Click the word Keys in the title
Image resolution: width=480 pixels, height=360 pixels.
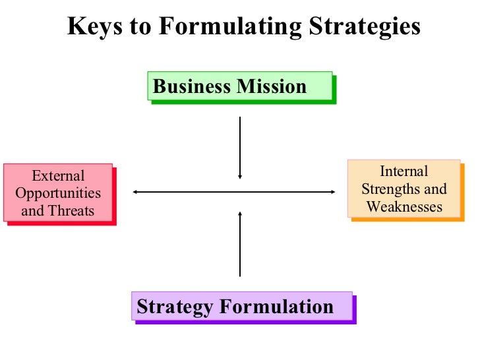92,27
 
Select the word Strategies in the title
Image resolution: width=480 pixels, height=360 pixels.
361,27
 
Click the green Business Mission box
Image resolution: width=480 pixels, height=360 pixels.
240,87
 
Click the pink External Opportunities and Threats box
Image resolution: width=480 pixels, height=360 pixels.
58,193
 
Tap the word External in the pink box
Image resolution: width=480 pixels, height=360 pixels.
58,176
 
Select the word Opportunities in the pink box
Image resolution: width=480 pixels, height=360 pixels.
58,193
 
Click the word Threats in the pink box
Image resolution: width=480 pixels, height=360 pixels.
71,211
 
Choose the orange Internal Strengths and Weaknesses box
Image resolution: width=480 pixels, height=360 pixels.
404,188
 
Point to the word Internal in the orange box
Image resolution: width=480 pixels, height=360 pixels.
404,171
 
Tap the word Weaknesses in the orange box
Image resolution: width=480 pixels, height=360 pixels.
404,206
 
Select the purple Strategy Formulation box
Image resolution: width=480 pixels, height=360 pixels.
241,306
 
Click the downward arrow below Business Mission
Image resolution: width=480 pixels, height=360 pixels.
240,148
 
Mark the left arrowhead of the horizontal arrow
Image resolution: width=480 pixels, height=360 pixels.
135,192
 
